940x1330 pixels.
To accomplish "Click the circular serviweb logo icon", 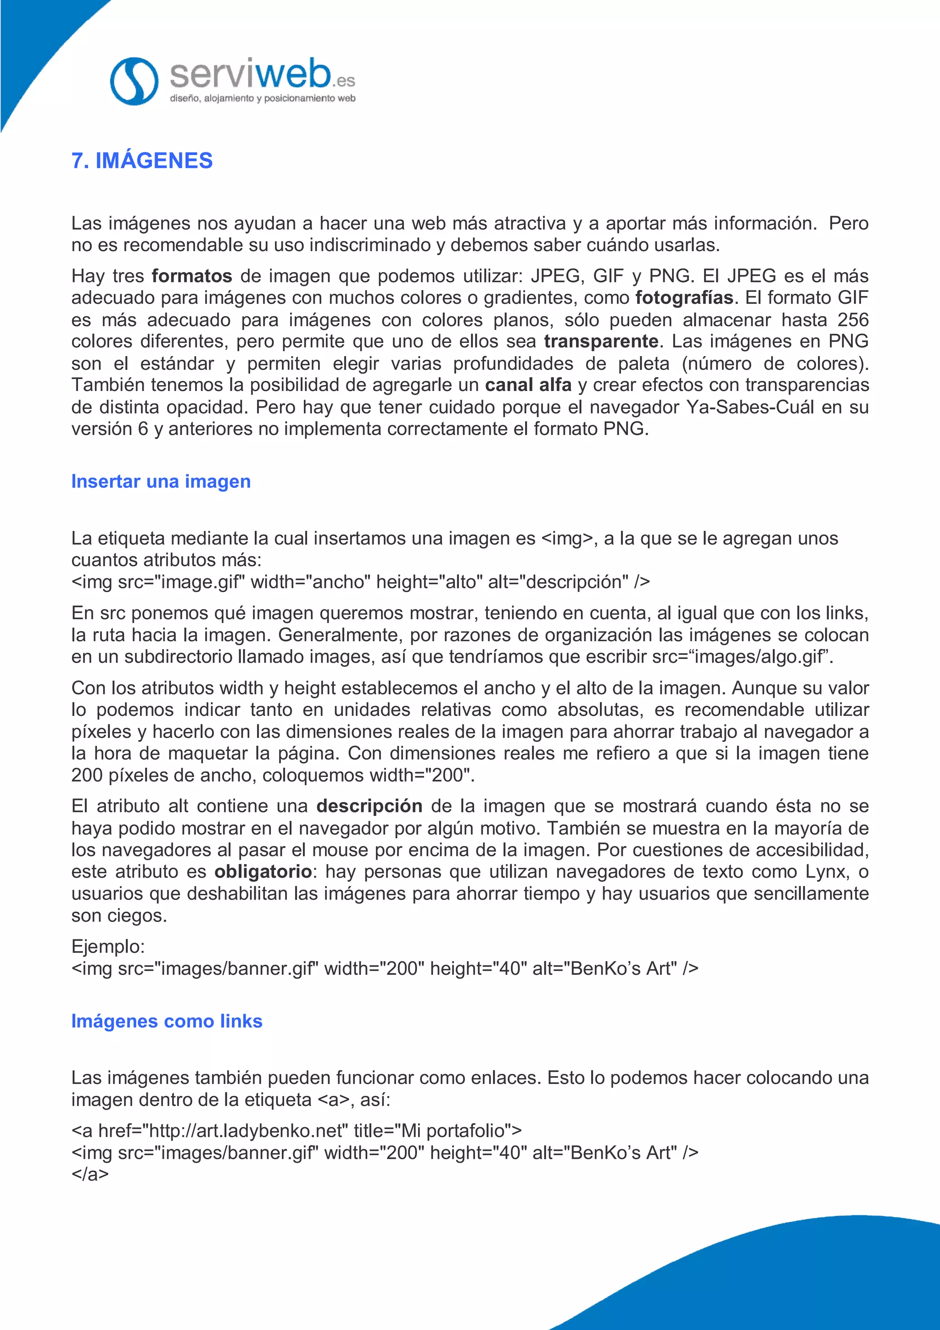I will coord(134,81).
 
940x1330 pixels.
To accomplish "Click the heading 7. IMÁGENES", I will coord(142,161).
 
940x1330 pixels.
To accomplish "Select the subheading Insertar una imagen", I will coord(161,481).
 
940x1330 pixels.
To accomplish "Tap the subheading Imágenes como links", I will coord(167,1021).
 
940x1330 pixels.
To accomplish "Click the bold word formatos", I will coord(192,276).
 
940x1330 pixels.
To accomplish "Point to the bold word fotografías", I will coord(684,298).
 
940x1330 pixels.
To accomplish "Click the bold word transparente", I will coord(601,341).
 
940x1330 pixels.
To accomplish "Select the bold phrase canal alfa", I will coord(528,385).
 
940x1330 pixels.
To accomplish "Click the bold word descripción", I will coord(369,806).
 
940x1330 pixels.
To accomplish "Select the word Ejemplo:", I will coord(108,946).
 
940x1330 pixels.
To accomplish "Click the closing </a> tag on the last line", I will coord(90,1174).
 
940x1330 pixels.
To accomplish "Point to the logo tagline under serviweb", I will coord(263,99).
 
